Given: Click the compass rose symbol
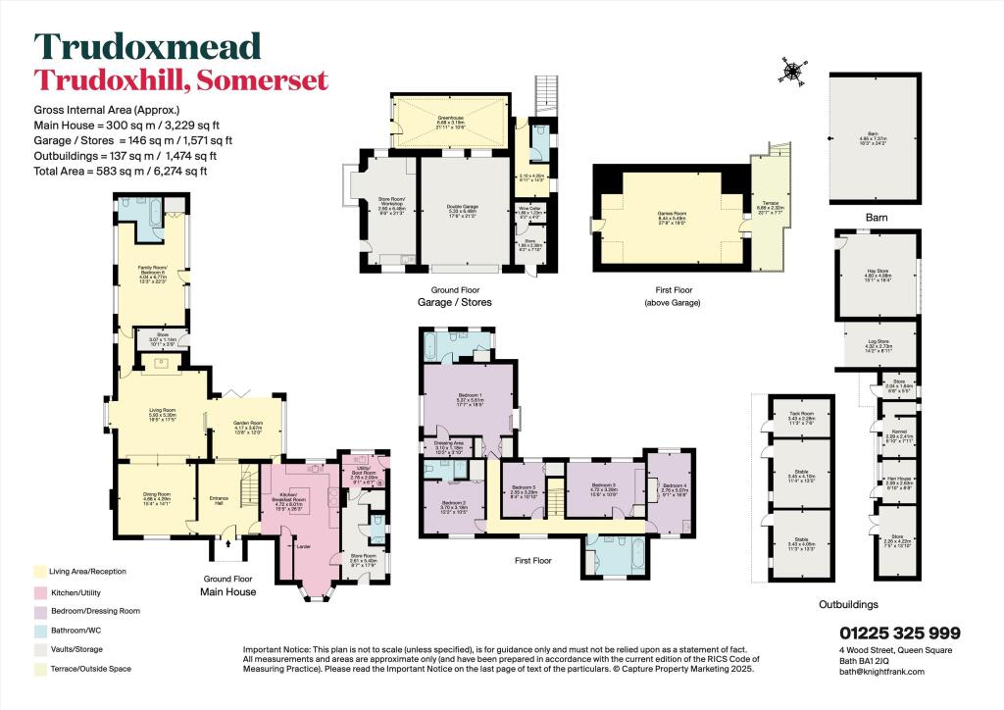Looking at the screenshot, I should [x=792, y=68].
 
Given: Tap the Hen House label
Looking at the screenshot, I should [x=899, y=481].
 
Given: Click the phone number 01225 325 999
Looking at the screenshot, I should [x=899, y=634].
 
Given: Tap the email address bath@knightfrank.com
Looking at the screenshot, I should [x=881, y=671].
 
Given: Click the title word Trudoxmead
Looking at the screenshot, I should [x=148, y=46].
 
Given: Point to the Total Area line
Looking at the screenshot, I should [x=125, y=172].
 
